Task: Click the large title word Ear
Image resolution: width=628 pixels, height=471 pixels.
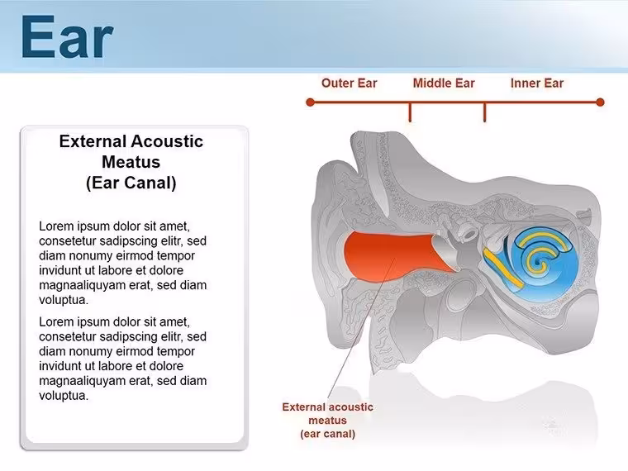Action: [x=67, y=36]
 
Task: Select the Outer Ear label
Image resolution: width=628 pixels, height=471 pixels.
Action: [x=350, y=83]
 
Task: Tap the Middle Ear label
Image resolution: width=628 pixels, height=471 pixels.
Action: [x=444, y=83]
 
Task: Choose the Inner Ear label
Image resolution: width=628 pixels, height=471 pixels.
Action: [x=537, y=83]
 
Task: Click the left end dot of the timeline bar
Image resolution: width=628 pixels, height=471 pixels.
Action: [x=310, y=102]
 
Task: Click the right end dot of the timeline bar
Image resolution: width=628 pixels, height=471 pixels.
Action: [x=600, y=102]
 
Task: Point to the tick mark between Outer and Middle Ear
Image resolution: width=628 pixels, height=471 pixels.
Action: [x=410, y=112]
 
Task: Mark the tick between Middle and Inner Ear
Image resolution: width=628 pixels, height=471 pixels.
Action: [x=484, y=112]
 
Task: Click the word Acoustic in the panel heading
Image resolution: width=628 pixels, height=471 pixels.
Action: [x=167, y=141]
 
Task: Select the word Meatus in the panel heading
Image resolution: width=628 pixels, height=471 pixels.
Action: [x=131, y=162]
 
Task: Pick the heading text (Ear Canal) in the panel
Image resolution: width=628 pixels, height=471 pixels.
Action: [x=131, y=183]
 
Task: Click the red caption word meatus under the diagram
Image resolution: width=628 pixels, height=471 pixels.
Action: [x=327, y=421]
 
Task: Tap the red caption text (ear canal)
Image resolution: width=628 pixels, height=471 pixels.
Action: [x=327, y=434]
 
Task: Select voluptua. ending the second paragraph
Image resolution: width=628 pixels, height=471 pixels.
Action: [x=64, y=396]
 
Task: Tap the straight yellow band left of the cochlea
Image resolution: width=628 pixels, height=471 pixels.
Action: [x=503, y=268]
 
